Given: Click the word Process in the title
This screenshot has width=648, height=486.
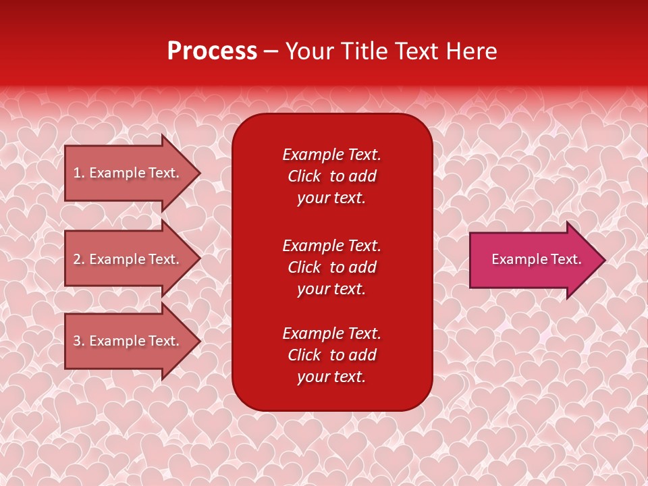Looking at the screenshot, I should [x=212, y=51].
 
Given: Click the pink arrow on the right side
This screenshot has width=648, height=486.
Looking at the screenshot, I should [x=533, y=260].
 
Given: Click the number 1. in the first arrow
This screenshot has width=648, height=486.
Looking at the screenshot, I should [x=79, y=173].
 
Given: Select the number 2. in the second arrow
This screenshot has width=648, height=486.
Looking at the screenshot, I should [x=79, y=259].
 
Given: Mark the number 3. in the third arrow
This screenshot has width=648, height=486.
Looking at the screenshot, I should [x=79, y=341].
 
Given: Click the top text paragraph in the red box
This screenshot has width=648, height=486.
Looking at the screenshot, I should [x=331, y=176].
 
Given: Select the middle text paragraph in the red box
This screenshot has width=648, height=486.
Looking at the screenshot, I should [x=331, y=267].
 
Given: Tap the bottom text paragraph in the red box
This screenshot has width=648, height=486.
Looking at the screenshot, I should [x=331, y=355].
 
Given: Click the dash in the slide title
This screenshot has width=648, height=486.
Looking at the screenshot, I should [x=271, y=52].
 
